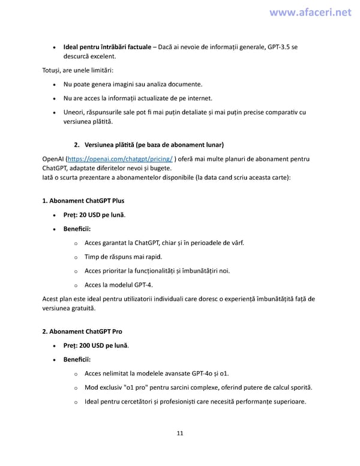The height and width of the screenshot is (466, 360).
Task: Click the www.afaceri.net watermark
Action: click(x=310, y=13)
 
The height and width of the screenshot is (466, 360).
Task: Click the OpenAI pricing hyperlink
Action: click(x=120, y=159)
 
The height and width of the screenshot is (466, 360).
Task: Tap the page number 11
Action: click(x=179, y=433)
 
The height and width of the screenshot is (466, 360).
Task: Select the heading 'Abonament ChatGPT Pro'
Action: click(x=82, y=331)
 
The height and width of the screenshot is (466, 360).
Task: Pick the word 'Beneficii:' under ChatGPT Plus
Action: click(x=77, y=229)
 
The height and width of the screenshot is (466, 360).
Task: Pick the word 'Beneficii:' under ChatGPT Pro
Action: click(x=77, y=360)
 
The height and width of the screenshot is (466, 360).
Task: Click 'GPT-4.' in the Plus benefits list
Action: click(x=151, y=285)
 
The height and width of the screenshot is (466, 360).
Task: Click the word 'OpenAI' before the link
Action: click(x=52, y=159)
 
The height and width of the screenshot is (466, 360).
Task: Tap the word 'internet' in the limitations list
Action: click(x=197, y=98)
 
